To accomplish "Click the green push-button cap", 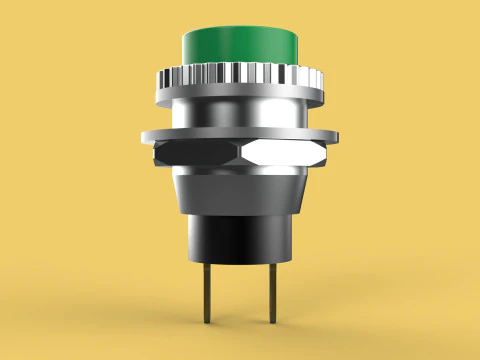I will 241,45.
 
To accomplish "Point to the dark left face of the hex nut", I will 194,152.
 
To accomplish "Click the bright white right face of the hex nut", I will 286,152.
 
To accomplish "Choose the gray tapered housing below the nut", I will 241,192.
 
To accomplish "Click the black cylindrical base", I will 241,240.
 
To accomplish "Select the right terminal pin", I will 272,290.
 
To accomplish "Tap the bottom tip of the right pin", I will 272,320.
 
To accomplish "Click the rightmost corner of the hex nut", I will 331,152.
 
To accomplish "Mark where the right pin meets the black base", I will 272,263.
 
